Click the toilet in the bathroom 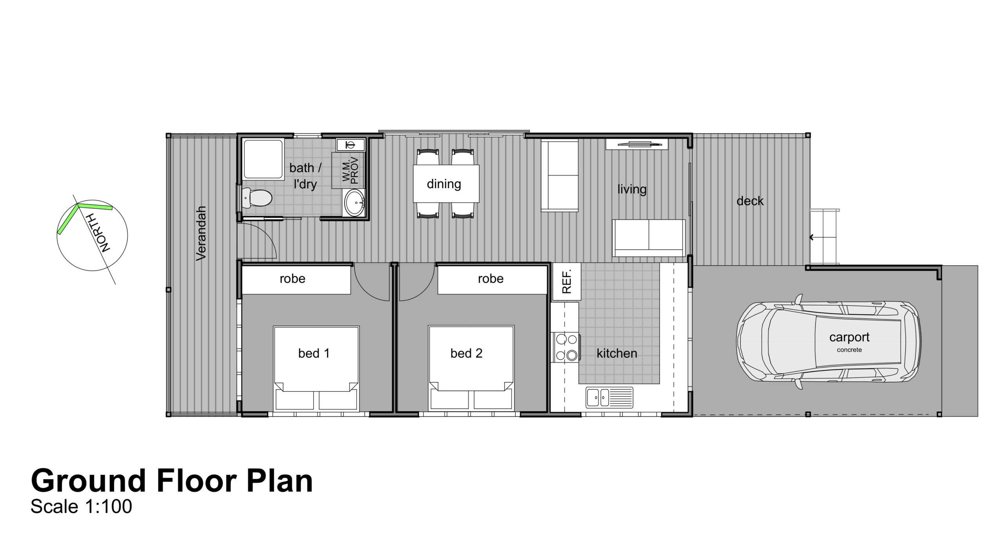pyautogui.click(x=256, y=197)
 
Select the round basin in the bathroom pyautogui.click(x=354, y=202)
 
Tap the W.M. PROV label pyautogui.click(x=350, y=170)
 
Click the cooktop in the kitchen pyautogui.click(x=565, y=346)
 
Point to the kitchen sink pyautogui.click(x=609, y=397)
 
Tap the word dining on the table pyautogui.click(x=444, y=184)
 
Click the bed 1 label pyautogui.click(x=314, y=354)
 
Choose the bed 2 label pyautogui.click(x=466, y=354)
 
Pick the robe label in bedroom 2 pyautogui.click(x=490, y=278)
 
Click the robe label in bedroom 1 pyautogui.click(x=292, y=278)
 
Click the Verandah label pyautogui.click(x=201, y=233)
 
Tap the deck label pyautogui.click(x=750, y=201)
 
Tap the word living pyautogui.click(x=632, y=190)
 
